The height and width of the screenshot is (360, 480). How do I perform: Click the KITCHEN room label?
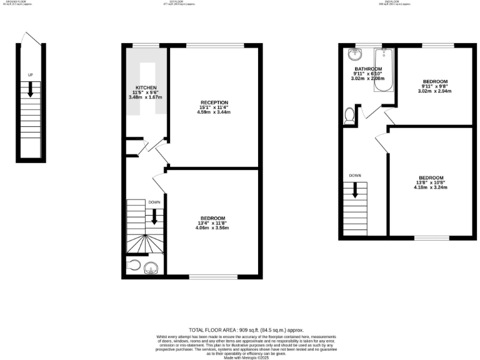coord(146,87)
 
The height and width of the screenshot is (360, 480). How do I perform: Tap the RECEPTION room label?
coord(214,102)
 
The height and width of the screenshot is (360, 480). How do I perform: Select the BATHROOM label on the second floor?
coord(368,69)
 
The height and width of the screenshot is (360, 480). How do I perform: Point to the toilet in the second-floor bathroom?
coord(349,116)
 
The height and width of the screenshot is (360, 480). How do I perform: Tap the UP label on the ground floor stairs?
coord(30,75)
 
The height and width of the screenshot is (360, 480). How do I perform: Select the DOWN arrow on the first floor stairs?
coord(154,216)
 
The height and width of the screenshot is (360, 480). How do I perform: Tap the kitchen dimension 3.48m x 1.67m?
coord(146,97)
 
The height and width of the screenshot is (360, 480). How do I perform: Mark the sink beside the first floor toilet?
coord(151,269)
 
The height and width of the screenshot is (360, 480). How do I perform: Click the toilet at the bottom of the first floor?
coord(135,265)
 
